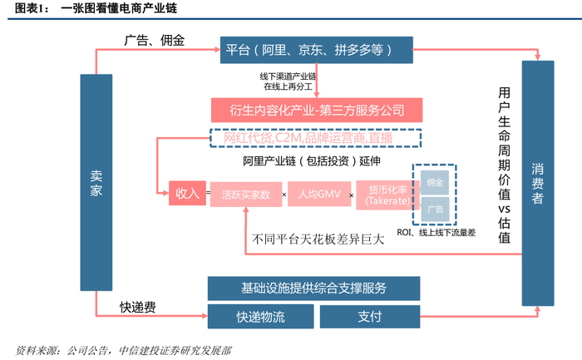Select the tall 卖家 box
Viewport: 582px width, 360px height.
[x=96, y=190]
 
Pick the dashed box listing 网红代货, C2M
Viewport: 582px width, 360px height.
[x=315, y=138]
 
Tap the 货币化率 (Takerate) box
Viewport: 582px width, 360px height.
[x=382, y=195]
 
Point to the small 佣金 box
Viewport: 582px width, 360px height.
[x=435, y=182]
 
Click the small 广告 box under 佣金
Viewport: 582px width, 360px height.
[x=435, y=209]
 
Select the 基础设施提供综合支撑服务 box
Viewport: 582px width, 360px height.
[x=314, y=288]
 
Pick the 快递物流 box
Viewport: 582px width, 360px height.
[x=260, y=316]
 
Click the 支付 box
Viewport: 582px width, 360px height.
[x=370, y=316]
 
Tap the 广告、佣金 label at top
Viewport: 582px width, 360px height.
[x=154, y=40]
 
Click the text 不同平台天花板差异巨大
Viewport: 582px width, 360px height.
[x=318, y=239]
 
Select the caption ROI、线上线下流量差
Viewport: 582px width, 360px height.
[x=437, y=234]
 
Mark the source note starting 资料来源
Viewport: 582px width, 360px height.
[x=125, y=349]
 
